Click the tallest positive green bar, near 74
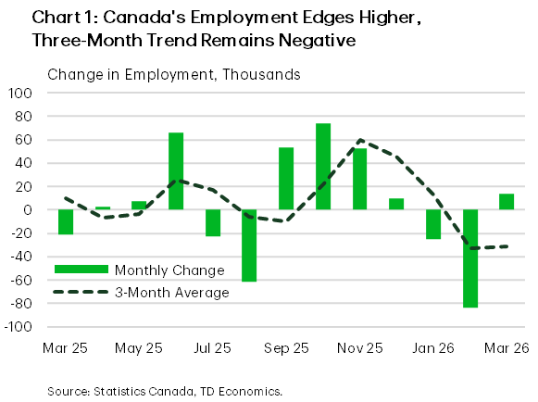(x=323, y=167)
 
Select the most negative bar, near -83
(x=470, y=258)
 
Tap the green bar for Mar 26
(x=507, y=202)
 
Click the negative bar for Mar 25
(x=66, y=222)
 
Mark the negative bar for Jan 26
(x=433, y=224)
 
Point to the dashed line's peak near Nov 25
(x=360, y=141)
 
